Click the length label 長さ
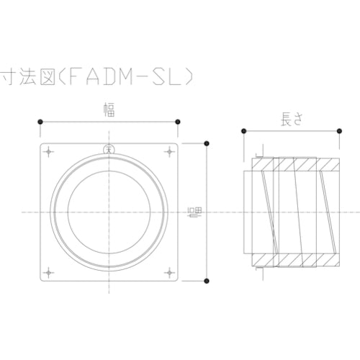pyautogui.click(x=289, y=121)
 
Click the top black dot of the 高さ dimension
pyautogui.click(x=207, y=142)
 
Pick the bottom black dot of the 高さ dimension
pyautogui.click(x=207, y=280)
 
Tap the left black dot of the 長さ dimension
pyautogui.click(x=245, y=131)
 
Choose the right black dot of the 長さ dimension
pyautogui.click(x=336, y=131)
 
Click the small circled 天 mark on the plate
pyautogui.click(x=109, y=150)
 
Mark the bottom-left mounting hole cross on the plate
pyautogui.click(x=49, y=271)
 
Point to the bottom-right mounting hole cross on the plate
pyautogui.click(x=169, y=271)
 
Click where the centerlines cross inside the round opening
pyautogui.click(x=109, y=212)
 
